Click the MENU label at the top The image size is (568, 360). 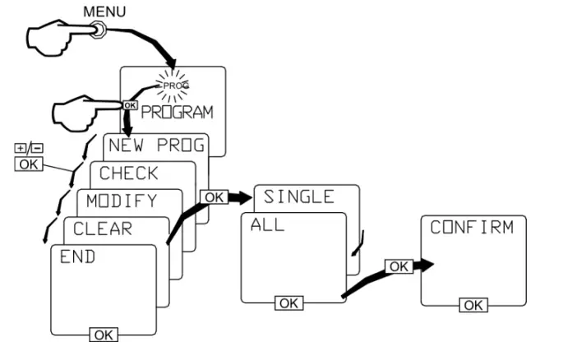(104, 12)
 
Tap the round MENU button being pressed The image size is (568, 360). (98, 30)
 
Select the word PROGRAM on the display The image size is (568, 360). (177, 113)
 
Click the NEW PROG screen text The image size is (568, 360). (156, 145)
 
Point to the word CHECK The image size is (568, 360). (128, 173)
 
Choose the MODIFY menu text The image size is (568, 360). (122, 201)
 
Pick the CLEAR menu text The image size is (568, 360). (103, 228)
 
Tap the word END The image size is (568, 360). (77, 256)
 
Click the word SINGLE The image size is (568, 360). (299, 197)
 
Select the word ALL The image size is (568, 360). (267, 225)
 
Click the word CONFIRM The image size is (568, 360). (472, 228)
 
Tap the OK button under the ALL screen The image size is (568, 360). (289, 303)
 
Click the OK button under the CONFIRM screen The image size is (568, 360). (473, 305)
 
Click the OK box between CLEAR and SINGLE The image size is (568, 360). (214, 197)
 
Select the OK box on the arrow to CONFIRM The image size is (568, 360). (399, 266)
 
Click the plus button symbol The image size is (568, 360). (21, 148)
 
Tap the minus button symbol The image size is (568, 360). (37, 148)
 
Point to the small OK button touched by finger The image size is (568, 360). (130, 105)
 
